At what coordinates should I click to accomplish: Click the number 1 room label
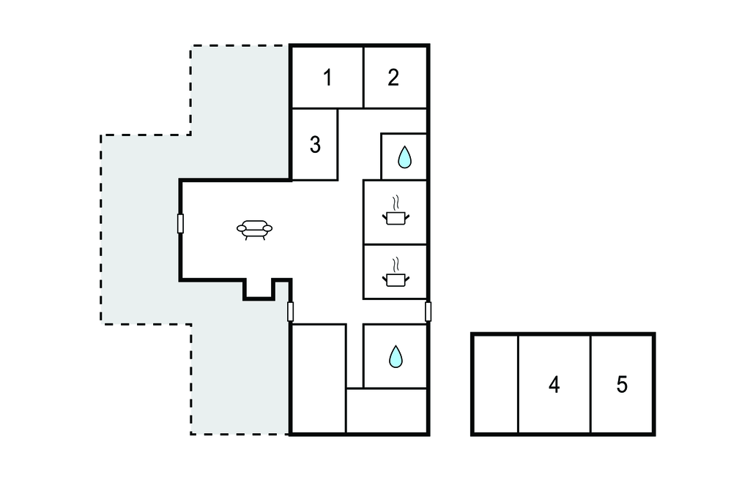(327, 78)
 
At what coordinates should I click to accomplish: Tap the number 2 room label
(393, 78)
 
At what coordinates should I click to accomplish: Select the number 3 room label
(315, 145)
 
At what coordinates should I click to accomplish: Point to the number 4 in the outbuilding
(554, 385)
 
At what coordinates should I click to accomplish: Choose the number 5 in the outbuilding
(622, 385)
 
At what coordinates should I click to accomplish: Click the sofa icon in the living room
(254, 230)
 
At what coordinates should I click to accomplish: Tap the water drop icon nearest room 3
(404, 157)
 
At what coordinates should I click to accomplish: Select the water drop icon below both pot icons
(396, 356)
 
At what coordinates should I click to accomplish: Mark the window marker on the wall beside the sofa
(180, 224)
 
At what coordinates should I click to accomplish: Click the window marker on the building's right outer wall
(428, 312)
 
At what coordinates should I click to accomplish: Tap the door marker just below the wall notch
(290, 312)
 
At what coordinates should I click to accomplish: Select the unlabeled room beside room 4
(496, 384)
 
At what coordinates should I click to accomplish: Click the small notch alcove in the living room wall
(259, 289)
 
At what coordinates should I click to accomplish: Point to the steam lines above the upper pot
(395, 203)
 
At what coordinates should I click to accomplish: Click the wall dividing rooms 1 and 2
(363, 78)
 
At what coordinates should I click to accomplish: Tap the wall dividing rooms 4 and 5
(591, 384)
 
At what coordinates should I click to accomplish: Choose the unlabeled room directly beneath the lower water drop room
(387, 410)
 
